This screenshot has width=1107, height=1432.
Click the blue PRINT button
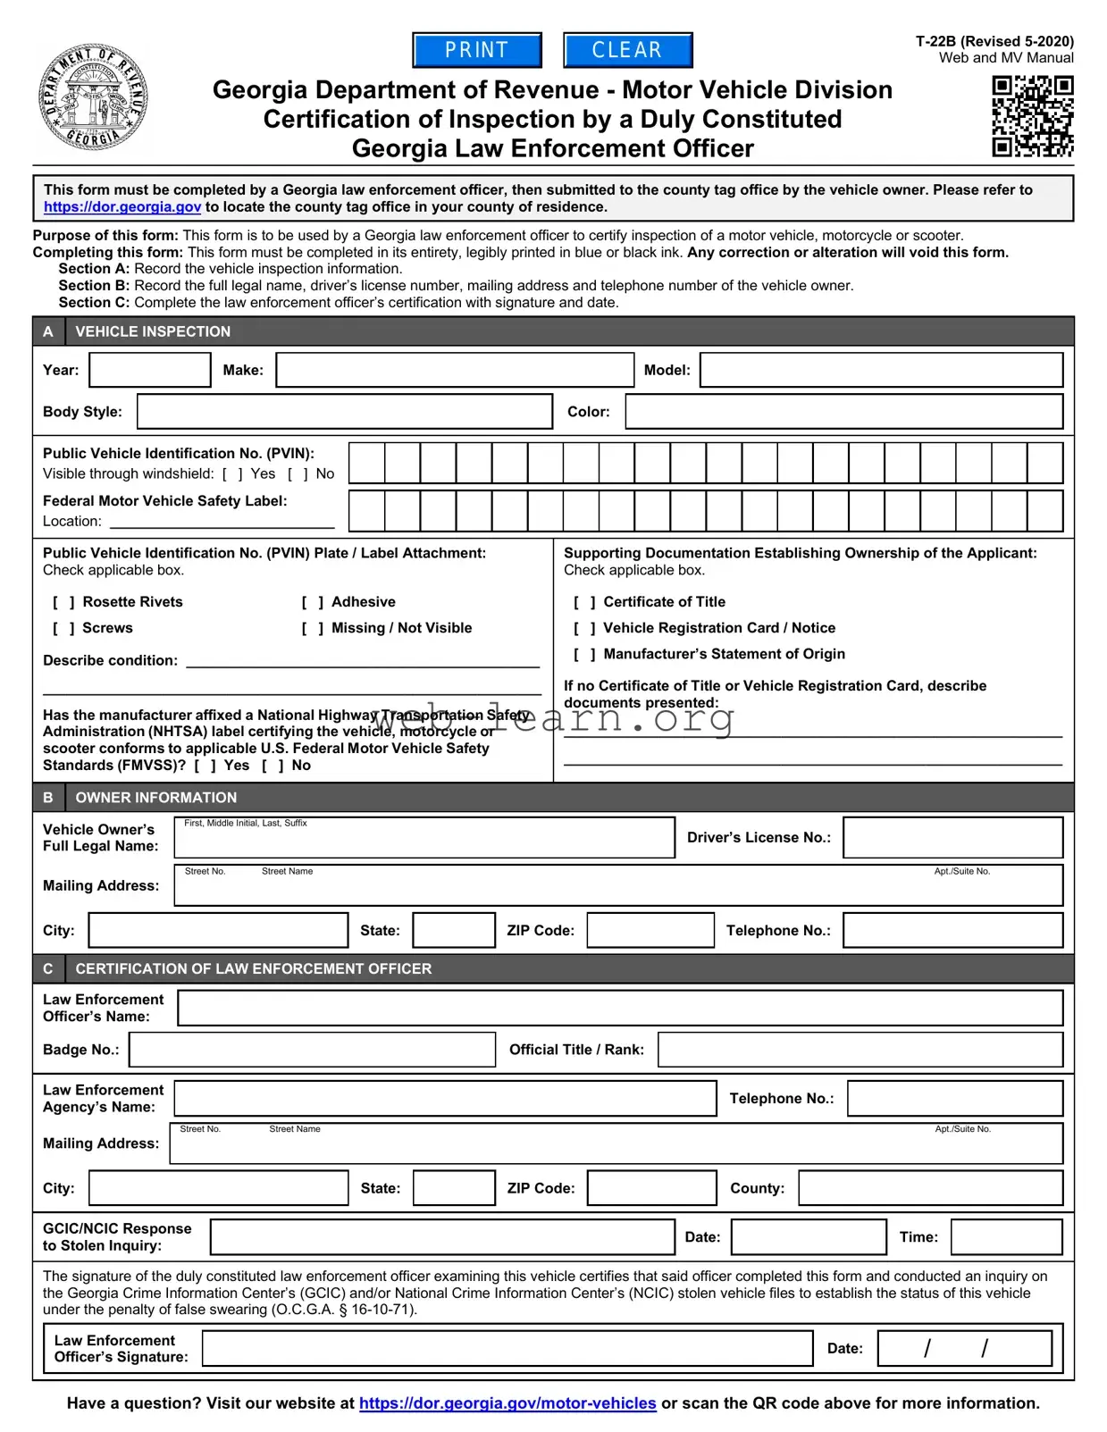(x=477, y=50)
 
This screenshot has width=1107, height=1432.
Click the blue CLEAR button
(x=627, y=50)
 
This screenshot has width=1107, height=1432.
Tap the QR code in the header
(x=1032, y=116)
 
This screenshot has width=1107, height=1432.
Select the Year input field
(x=150, y=370)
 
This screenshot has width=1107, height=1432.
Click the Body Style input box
(x=344, y=412)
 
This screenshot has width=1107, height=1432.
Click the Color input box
(x=843, y=412)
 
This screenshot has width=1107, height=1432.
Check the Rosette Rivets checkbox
(x=63, y=603)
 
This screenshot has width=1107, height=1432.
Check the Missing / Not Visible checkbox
(x=313, y=629)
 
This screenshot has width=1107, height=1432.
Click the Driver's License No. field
(x=952, y=838)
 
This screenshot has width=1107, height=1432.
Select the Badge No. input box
(x=312, y=1050)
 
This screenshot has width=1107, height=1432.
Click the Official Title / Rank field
(x=860, y=1050)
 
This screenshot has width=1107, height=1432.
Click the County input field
(x=930, y=1188)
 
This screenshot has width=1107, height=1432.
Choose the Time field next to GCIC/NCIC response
(x=1006, y=1237)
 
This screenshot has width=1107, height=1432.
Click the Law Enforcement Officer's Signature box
(x=507, y=1348)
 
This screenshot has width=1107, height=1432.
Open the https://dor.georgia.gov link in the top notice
(x=122, y=207)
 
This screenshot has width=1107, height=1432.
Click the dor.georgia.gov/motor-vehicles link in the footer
(x=507, y=1403)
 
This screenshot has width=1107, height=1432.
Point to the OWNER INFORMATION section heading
(x=155, y=798)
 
